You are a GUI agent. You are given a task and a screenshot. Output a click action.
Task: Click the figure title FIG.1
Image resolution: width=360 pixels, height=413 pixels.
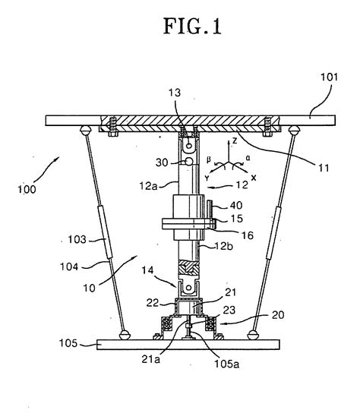[x=192, y=26]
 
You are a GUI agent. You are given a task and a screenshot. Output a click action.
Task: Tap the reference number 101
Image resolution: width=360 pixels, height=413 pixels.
[x=329, y=77]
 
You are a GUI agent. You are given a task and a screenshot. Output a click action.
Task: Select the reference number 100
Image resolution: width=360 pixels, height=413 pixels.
[x=27, y=189]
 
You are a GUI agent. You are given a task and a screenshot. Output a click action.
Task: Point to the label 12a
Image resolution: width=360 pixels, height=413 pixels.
[x=148, y=186]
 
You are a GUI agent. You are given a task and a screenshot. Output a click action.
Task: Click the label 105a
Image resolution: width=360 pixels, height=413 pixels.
[x=226, y=364]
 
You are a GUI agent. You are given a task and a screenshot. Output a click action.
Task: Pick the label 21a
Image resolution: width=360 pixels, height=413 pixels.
[x=150, y=359]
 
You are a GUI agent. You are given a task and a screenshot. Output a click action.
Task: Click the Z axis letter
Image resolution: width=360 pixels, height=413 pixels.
[x=235, y=141]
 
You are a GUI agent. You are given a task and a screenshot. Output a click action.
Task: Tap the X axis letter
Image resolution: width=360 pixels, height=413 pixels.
[x=254, y=178]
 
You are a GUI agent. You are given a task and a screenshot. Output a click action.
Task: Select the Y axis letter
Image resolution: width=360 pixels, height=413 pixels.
[x=207, y=178]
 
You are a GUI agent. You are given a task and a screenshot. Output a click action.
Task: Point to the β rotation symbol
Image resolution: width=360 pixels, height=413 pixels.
[x=208, y=159]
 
